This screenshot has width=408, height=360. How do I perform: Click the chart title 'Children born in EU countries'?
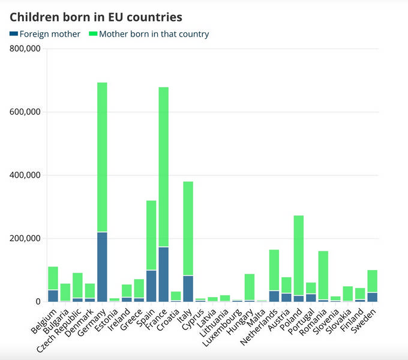tap(96, 17)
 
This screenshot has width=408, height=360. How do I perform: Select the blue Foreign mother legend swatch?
tap(14, 34)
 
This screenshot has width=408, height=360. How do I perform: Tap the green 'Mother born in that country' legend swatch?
tap(93, 34)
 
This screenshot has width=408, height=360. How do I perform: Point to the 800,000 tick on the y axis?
tap(25, 49)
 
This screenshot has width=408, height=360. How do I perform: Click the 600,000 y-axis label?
tap(25, 112)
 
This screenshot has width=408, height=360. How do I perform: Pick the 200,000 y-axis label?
tap(25, 239)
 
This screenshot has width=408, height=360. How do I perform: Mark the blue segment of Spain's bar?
tap(151, 286)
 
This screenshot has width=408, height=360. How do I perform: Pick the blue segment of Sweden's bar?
tap(373, 296)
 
